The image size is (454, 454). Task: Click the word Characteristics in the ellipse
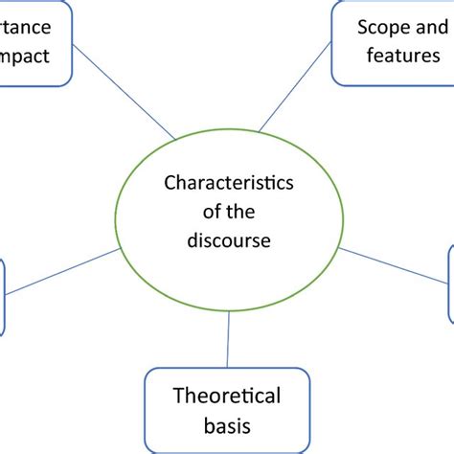(x=229, y=181)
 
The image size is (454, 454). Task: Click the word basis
(x=227, y=424)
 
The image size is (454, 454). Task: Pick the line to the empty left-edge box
(x=62, y=272)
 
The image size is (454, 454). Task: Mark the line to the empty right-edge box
(x=395, y=264)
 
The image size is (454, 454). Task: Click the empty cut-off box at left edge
(x=2, y=297)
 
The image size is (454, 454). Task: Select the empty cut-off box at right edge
(x=450, y=284)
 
